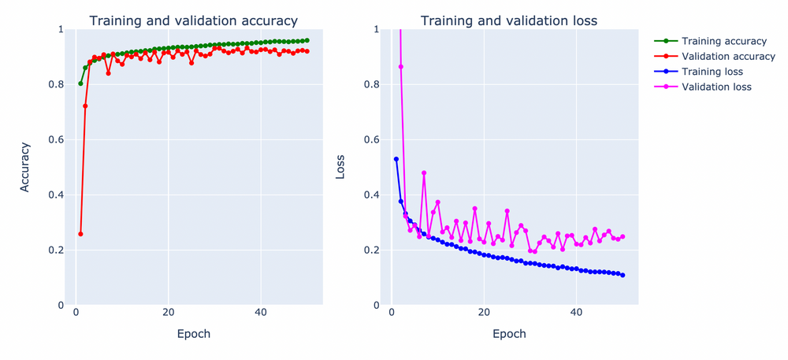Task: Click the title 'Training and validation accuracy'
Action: (193, 21)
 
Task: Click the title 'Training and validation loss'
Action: (509, 21)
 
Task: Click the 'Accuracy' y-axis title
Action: (25, 167)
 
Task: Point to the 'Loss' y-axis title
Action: (340, 167)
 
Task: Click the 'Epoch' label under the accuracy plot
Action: (193, 334)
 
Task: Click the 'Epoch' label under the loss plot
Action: (509, 334)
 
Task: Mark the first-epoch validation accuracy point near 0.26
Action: (80, 234)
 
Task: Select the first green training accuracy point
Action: (80, 84)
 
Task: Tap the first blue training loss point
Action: (396, 159)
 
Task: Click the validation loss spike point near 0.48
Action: (424, 173)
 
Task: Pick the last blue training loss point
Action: (623, 275)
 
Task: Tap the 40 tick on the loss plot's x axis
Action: (576, 313)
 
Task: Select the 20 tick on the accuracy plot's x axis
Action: (168, 313)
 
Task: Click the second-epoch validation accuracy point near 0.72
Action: (85, 106)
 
